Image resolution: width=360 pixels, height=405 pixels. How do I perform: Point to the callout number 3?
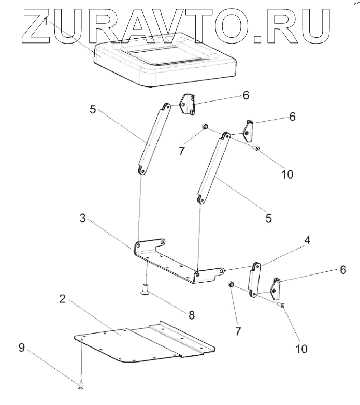[82, 219]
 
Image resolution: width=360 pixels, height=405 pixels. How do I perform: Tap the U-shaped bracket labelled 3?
[171, 262]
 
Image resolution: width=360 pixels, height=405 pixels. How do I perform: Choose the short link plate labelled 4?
[254, 280]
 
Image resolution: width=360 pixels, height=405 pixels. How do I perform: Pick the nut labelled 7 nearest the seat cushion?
[205, 127]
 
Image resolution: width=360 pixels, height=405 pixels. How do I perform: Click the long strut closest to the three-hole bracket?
[153, 138]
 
